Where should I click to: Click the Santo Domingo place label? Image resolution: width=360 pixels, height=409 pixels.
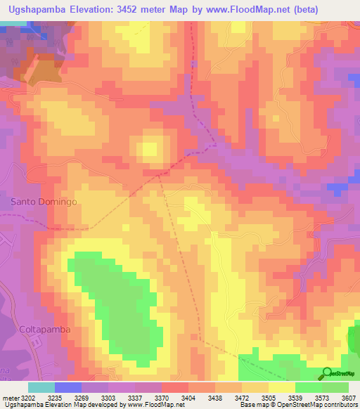point(44,201)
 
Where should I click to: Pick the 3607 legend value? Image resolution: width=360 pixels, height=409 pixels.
point(347,397)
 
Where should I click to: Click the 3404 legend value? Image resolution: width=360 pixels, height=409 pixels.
point(188,397)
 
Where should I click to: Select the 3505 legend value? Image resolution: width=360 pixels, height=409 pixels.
point(267,397)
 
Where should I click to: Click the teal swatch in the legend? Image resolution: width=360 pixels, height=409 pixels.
point(41,387)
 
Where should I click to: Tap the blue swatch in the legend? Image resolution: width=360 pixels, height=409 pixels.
point(68,387)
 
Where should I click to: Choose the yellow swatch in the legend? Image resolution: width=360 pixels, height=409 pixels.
point(281,387)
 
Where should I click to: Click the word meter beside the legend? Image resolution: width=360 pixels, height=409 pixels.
point(11,397)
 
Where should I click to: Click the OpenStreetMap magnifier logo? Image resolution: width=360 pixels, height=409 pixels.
point(326,372)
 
